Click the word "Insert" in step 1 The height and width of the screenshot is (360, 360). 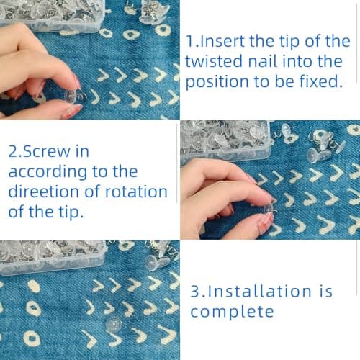tap(221, 41)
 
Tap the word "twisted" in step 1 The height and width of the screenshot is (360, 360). tap(213, 61)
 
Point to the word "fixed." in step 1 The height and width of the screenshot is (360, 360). tap(321, 81)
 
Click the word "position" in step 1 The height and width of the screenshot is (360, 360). tap(217, 83)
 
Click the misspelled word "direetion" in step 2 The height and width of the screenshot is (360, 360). tap(44, 192)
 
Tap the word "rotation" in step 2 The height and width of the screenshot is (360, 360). tap(136, 192)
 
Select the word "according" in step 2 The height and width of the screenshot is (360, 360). tap(48, 173)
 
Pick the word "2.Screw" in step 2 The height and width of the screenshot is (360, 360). tap(38, 152)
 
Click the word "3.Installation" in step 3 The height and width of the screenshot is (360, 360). tap(251, 291)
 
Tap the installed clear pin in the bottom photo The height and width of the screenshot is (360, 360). tap(114, 323)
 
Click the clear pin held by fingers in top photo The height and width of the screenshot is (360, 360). tap(74, 96)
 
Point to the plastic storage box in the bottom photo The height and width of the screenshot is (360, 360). tap(53, 257)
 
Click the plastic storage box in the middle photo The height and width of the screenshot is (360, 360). tap(225, 140)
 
